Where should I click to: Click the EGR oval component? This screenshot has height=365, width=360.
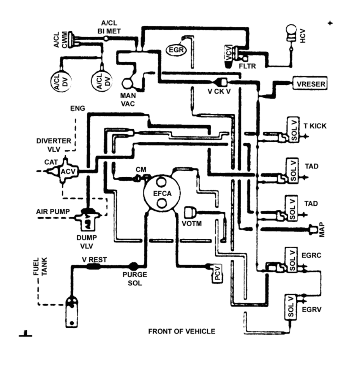coord(176,50)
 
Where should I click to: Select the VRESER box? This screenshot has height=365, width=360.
coord(310,83)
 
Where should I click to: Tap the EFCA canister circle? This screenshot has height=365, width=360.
coord(162,193)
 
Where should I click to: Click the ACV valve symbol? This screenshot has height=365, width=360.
coord(65,171)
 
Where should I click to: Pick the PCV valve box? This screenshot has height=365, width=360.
coord(218,273)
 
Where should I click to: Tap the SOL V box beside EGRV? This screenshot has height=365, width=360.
coord(291,307)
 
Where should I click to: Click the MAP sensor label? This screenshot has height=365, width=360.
coord(321,230)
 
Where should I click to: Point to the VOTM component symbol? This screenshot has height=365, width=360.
coord(190,212)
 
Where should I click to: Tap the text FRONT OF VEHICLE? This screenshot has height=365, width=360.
coord(182,331)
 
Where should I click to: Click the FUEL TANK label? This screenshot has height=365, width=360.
coord(40,266)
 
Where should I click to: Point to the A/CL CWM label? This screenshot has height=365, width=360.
coord(61,40)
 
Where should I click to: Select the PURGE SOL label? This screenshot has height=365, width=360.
coord(135,279)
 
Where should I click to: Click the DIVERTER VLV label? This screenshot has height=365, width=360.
coord(54,145)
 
